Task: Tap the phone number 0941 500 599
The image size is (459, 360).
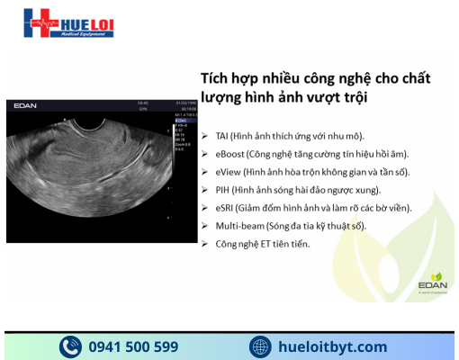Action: pos(133,346)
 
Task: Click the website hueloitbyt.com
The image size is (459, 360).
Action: pos(333,346)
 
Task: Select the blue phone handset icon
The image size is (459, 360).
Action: pos(71,346)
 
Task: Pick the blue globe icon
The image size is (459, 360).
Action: pos(261,346)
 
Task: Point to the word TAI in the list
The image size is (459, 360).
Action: pos(221,135)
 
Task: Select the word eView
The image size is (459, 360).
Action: pos(227,171)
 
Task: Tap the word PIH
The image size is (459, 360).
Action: pos(221,189)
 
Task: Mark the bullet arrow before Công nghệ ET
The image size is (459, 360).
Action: pos(206,243)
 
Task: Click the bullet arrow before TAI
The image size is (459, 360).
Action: pos(206,135)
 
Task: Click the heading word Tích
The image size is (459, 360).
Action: pos(214,77)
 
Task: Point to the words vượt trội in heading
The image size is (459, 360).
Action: pos(332,95)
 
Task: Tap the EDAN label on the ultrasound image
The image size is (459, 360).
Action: pos(25,106)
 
